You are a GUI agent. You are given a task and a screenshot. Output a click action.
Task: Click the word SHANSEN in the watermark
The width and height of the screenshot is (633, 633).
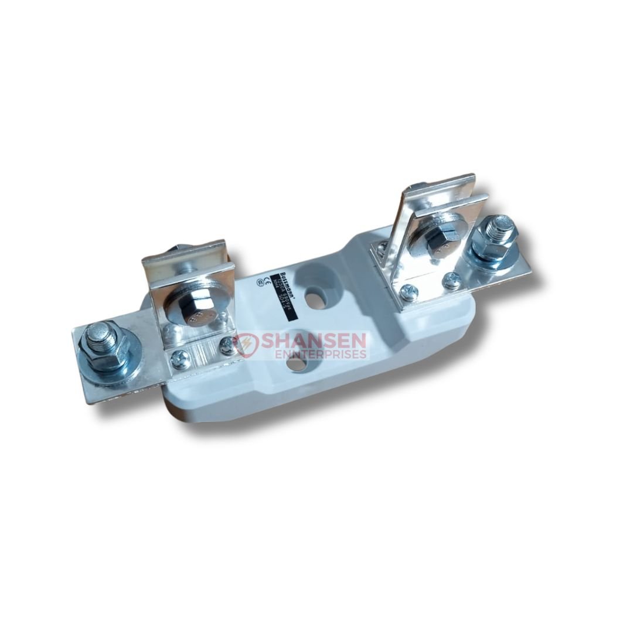[314, 341]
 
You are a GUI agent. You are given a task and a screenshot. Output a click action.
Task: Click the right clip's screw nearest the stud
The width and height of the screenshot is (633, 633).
[451, 280]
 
